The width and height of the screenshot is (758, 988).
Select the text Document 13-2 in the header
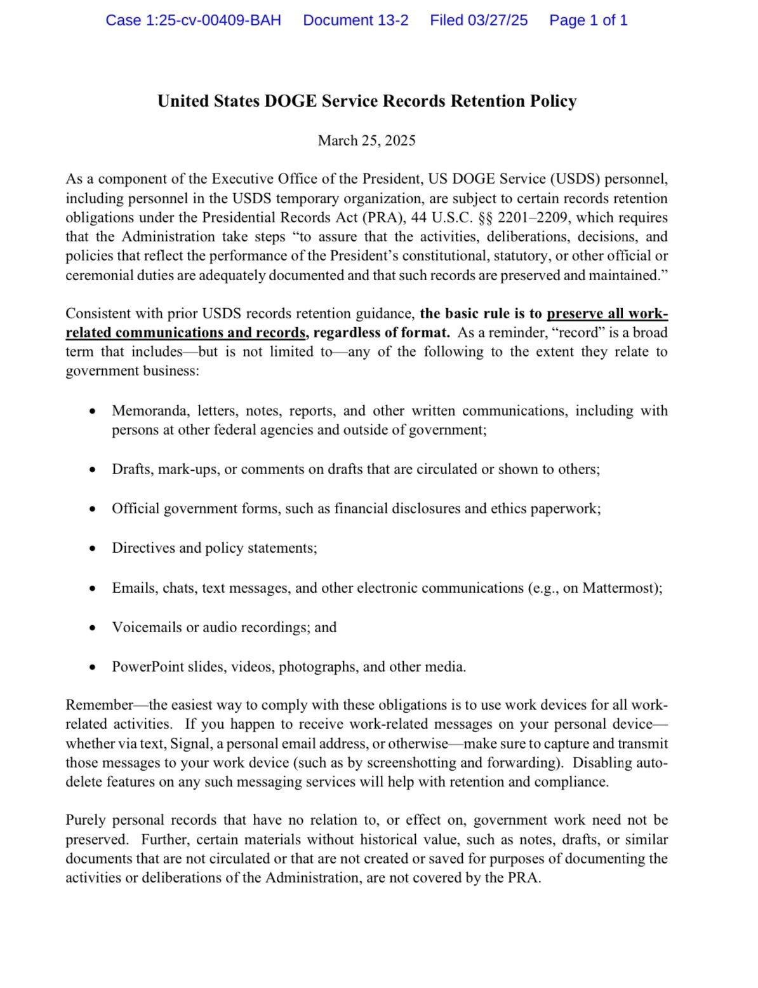(x=356, y=20)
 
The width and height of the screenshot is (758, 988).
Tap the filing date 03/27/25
(x=498, y=20)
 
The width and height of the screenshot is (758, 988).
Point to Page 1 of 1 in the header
(x=588, y=20)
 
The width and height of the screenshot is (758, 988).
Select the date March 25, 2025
(x=366, y=140)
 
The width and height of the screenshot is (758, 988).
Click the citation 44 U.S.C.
(x=442, y=217)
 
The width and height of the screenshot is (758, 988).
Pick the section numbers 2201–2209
(x=532, y=217)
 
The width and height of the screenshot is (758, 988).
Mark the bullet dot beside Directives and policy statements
(x=93, y=548)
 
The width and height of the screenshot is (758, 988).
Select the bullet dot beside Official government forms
(x=93, y=509)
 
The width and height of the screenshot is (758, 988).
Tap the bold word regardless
(x=345, y=332)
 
